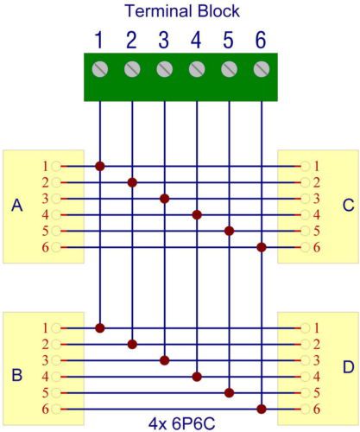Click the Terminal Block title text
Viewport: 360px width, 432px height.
pyautogui.click(x=182, y=11)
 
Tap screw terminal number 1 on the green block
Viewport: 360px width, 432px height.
pyautogui.click(x=100, y=69)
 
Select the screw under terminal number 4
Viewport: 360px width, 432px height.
pyautogui.click(x=197, y=69)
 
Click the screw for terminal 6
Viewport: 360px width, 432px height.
pyautogui.click(x=262, y=69)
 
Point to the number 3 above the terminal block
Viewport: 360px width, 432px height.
pyautogui.click(x=164, y=41)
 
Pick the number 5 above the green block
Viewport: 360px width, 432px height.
pyautogui.click(x=228, y=41)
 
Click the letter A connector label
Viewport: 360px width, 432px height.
pyautogui.click(x=17, y=206)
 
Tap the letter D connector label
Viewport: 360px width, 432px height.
pyautogui.click(x=349, y=367)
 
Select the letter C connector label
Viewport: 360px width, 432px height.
pyautogui.click(x=349, y=206)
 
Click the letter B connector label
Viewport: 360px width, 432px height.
pyautogui.click(x=16, y=375)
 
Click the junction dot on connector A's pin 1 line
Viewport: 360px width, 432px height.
pyautogui.click(x=100, y=166)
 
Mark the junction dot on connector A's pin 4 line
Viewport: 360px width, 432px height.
pyautogui.click(x=197, y=215)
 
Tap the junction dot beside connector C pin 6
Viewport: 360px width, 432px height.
pyautogui.click(x=262, y=247)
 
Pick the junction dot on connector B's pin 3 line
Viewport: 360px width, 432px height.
pyautogui.click(x=165, y=360)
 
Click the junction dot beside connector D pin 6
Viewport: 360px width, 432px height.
pyautogui.click(x=262, y=409)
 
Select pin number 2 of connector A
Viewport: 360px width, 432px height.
pyautogui.click(x=45, y=182)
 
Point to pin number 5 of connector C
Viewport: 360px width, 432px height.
pyautogui.click(x=317, y=231)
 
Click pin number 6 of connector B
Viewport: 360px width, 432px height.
pyautogui.click(x=45, y=409)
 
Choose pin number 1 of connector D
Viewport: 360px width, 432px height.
pyautogui.click(x=317, y=328)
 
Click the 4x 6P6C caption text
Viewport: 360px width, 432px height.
pyautogui.click(x=182, y=424)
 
